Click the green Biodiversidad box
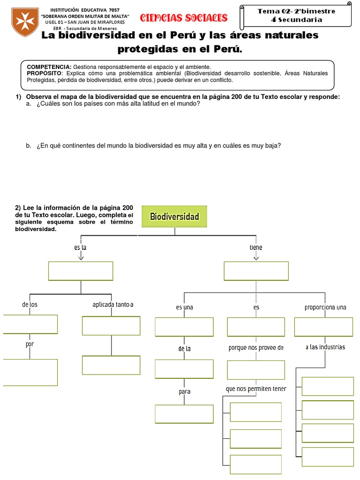[x=174, y=217]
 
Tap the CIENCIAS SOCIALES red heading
[x=184, y=18]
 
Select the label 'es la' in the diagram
[x=81, y=247]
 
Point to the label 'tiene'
[x=256, y=247]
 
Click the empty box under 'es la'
[x=81, y=271]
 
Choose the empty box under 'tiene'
[x=256, y=271]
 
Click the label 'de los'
[x=30, y=305]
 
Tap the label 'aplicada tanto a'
[x=113, y=305]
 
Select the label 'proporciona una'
[x=325, y=307]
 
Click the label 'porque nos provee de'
[x=256, y=348]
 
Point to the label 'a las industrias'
[x=325, y=347]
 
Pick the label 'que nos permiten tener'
[x=256, y=389]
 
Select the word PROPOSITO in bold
[x=44, y=74]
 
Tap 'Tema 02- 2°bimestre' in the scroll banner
[x=296, y=11]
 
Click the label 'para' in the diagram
[x=184, y=391]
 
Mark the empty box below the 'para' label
[x=184, y=413]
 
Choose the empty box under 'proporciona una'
[x=323, y=327]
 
